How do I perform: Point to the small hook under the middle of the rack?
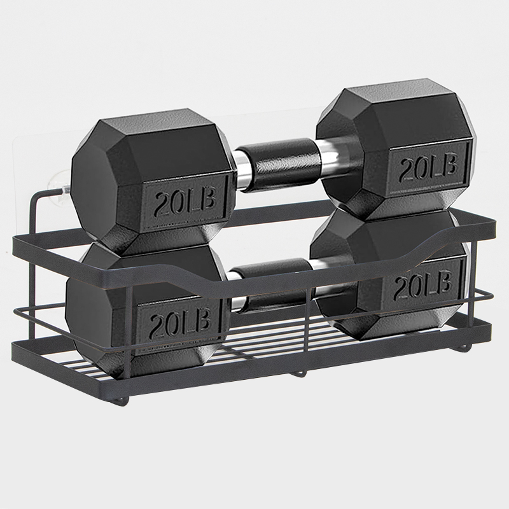(300, 373)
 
